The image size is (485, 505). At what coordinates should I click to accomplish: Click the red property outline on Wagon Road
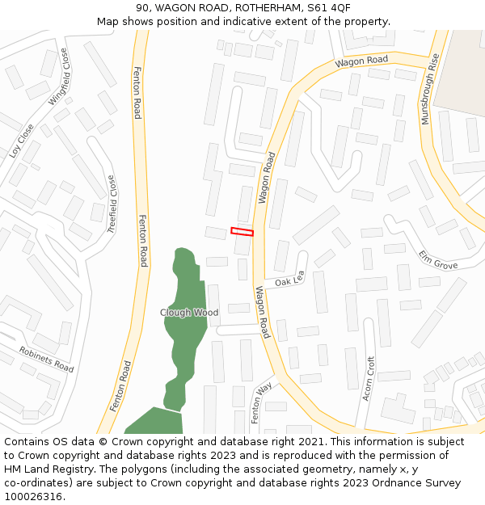click(242, 232)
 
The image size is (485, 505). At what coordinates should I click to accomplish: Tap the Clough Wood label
click(189, 312)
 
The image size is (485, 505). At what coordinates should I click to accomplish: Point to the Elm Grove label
click(437, 259)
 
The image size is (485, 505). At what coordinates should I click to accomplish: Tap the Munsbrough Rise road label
click(431, 89)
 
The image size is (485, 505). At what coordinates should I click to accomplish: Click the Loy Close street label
click(22, 140)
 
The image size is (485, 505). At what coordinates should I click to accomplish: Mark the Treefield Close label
click(112, 205)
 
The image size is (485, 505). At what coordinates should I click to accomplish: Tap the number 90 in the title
click(142, 8)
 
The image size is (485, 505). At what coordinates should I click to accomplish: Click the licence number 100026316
click(35, 496)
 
